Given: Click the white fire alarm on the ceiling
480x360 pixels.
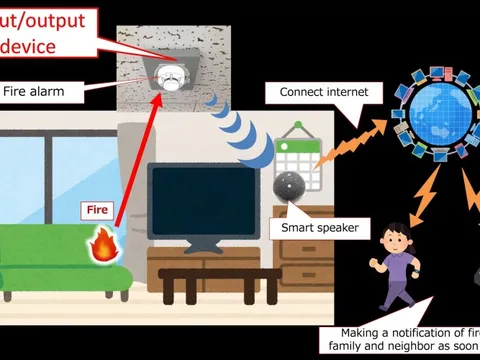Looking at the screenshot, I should click(x=171, y=79).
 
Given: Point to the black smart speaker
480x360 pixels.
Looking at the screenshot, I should click(x=288, y=185).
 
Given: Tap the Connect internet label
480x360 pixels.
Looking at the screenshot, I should click(x=324, y=93).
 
